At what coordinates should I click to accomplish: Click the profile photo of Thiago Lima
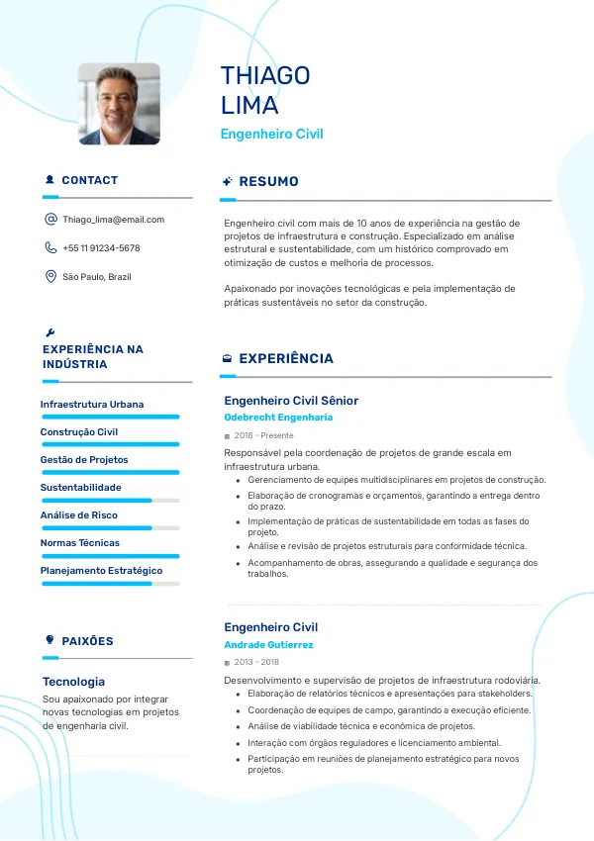pyautogui.click(x=119, y=104)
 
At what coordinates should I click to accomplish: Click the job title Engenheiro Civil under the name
pyautogui.click(x=271, y=134)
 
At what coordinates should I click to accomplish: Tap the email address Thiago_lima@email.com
pyautogui.click(x=113, y=220)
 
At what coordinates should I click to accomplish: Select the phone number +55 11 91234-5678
pyautogui.click(x=101, y=248)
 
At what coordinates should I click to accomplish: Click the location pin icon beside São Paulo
pyautogui.click(x=50, y=277)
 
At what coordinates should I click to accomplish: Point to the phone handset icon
pyautogui.click(x=50, y=248)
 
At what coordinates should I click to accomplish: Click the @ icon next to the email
pyautogui.click(x=50, y=220)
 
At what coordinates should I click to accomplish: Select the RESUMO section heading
pyautogui.click(x=268, y=182)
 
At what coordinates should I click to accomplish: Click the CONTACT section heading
pyautogui.click(x=89, y=181)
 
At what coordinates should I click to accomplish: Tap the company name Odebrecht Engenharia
pyautogui.click(x=278, y=418)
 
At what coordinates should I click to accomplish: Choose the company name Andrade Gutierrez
pyautogui.click(x=268, y=645)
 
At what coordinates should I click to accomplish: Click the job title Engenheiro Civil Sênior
pyautogui.click(x=291, y=401)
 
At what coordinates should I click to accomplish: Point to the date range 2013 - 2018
pyautogui.click(x=256, y=662)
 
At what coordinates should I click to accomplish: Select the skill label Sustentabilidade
pyautogui.click(x=80, y=488)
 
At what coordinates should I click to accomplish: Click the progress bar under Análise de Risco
pyautogui.click(x=110, y=528)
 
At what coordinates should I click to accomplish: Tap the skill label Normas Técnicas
pyautogui.click(x=79, y=543)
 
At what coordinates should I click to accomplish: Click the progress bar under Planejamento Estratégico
pyautogui.click(x=110, y=584)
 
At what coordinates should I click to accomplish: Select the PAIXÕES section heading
pyautogui.click(x=87, y=641)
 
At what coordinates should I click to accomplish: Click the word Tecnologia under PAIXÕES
pyautogui.click(x=73, y=682)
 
